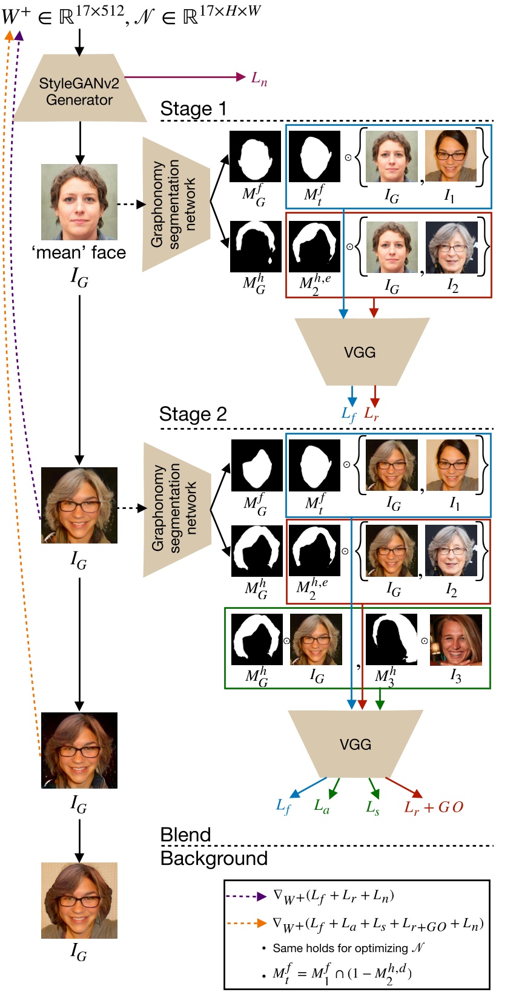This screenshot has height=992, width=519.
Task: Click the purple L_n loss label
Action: click(x=259, y=79)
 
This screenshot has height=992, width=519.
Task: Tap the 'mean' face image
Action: click(x=79, y=202)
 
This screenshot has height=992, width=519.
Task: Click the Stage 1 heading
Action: click(x=193, y=109)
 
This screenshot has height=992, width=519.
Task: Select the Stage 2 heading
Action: click(x=193, y=414)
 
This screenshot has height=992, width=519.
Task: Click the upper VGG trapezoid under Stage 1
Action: click(x=361, y=352)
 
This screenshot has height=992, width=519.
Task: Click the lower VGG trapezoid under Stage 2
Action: click(x=355, y=744)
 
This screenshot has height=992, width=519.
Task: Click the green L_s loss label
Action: click(x=372, y=807)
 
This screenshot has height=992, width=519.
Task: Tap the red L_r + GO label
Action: click(x=434, y=807)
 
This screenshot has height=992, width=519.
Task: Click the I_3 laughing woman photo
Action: click(x=455, y=640)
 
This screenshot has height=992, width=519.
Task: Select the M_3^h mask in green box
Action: click(x=391, y=640)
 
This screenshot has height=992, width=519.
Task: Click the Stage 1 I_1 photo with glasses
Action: click(x=451, y=156)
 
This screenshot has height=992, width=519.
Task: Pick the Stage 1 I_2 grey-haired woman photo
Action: click(x=452, y=247)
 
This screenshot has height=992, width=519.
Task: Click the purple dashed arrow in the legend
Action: click(x=245, y=896)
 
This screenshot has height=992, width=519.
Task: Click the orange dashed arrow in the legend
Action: click(x=245, y=923)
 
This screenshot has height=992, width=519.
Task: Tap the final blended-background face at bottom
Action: click(x=79, y=900)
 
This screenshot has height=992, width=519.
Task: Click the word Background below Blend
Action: click(x=214, y=858)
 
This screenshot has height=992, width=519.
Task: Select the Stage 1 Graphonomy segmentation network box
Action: click(x=176, y=204)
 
